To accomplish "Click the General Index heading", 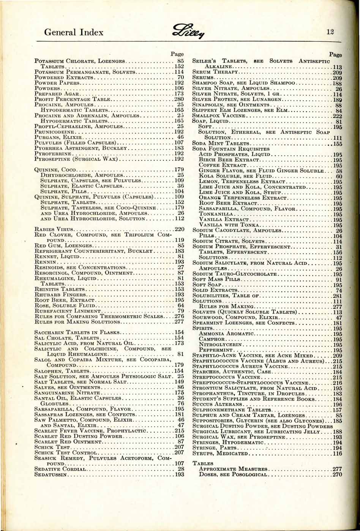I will coord(74,32).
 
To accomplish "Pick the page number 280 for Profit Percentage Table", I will coord(179,99).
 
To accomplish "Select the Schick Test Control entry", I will coord(63,452).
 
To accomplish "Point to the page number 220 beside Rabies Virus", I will coord(179,229).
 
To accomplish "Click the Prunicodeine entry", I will coord(53,131).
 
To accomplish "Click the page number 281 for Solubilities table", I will coord(337,296).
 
